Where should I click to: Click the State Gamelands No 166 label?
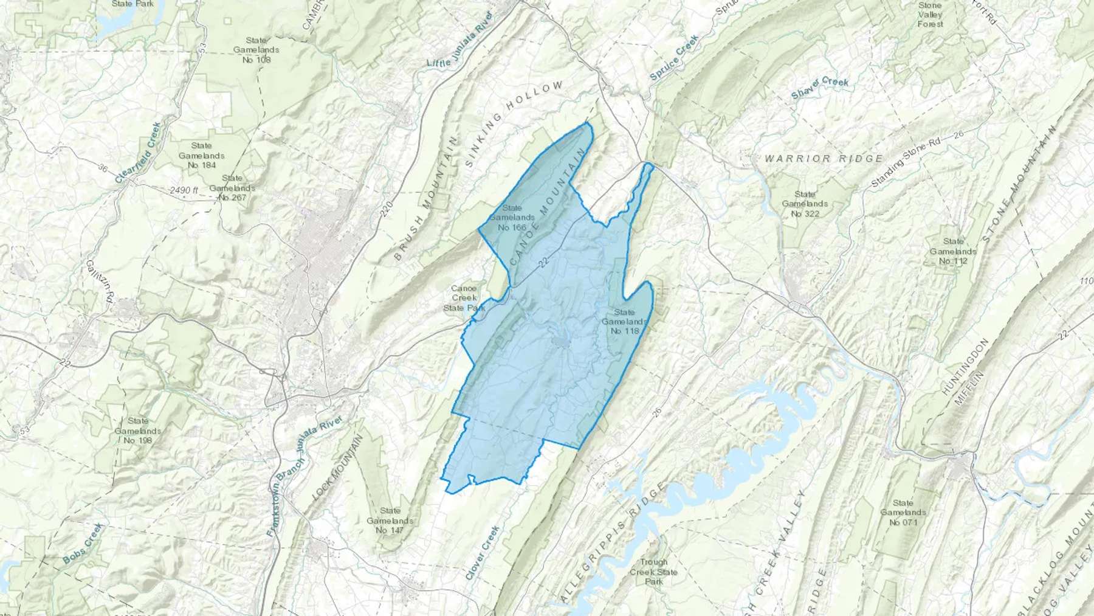point(512,218)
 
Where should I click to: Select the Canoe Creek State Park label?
point(464,298)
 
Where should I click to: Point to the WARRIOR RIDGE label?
point(824,158)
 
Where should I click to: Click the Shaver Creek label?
point(819,88)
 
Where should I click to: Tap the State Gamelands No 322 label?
point(805,204)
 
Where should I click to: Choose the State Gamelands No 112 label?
point(953,251)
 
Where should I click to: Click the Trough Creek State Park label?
point(653,572)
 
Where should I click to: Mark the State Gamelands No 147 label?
point(390,521)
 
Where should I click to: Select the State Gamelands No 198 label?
point(138,430)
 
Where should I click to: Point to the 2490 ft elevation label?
point(184,190)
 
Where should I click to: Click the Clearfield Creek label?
point(138,153)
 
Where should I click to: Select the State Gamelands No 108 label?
point(256,50)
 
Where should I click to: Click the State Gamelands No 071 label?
point(903,512)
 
